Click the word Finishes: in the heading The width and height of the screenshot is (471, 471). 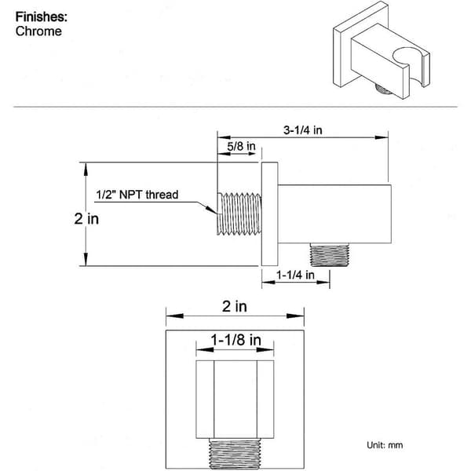42,16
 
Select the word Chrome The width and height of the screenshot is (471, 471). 38,31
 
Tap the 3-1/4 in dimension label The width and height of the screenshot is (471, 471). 303,130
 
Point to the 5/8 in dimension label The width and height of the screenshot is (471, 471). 241,147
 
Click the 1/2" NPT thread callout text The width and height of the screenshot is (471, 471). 137,195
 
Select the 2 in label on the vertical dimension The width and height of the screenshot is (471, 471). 86,219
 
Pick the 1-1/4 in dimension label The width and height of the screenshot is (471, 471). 295,275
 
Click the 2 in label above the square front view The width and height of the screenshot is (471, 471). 235,307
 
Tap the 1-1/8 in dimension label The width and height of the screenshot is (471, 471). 235,341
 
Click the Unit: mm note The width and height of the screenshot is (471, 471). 385,445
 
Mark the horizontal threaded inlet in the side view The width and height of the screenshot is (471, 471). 239,214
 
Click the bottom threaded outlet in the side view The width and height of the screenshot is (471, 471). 329,254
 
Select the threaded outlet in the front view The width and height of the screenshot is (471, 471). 235,455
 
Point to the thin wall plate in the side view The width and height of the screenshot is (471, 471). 269,214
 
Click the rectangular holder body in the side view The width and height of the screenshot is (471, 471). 334,214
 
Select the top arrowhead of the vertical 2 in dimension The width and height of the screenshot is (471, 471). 86,169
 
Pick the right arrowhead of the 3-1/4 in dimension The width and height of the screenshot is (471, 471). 382,137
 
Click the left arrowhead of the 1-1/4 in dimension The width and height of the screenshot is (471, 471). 268,282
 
